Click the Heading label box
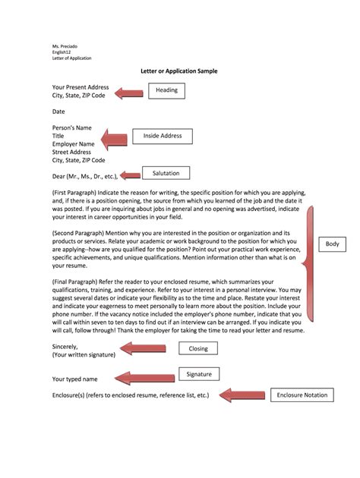pos(166,90)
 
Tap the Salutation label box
pos(166,173)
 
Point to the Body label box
pos(332,244)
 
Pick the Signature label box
pos(199,374)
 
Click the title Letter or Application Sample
pos(179,71)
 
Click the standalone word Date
pos(59,111)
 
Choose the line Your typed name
pos(75,378)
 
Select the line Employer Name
pos(73,143)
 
